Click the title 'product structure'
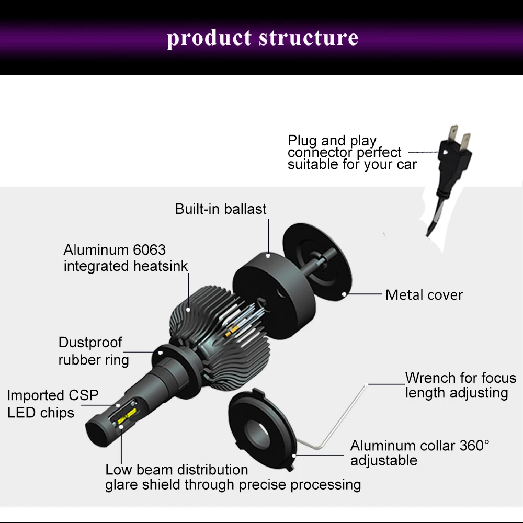pyautogui.click(x=263, y=38)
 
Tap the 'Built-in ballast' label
pyautogui.click(x=221, y=209)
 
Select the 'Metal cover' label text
pyautogui.click(x=424, y=295)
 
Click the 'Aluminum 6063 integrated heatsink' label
pyautogui.click(x=126, y=258)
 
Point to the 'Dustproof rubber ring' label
pyautogui.click(x=93, y=351)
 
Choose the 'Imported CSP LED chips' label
pyautogui.click(x=52, y=404)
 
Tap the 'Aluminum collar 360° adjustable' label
pyautogui.click(x=419, y=453)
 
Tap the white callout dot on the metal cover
pyautogui.click(x=344, y=294)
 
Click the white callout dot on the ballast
pyautogui.click(x=268, y=255)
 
